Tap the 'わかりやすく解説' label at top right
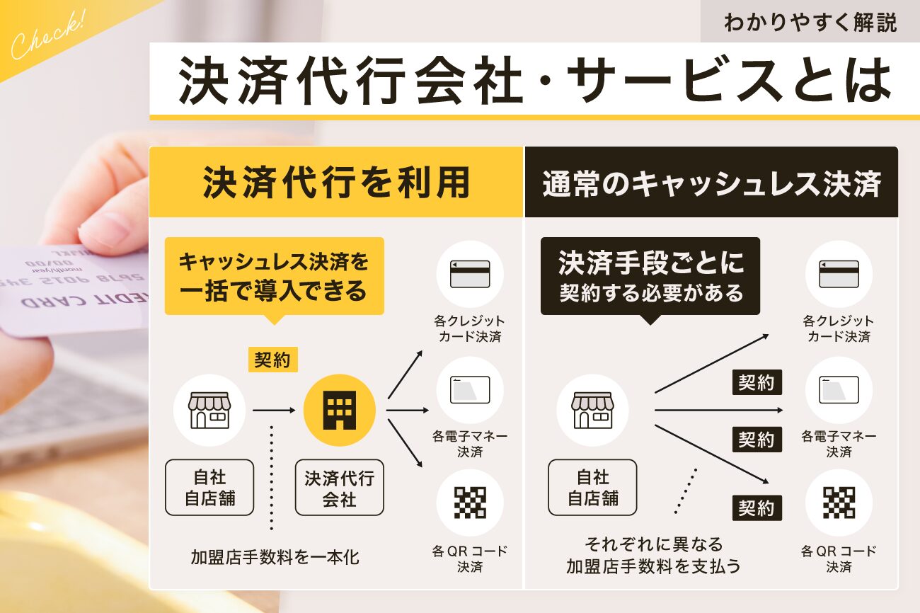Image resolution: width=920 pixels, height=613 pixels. click(x=810, y=23)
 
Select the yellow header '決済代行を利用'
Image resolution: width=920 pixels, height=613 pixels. click(x=336, y=183)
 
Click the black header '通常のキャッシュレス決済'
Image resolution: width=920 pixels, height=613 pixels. click(x=711, y=183)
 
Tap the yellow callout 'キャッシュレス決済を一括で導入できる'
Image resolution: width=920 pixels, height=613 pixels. click(x=274, y=276)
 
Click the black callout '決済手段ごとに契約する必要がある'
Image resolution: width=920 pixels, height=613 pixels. click(x=650, y=276)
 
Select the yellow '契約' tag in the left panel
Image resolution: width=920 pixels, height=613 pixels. click(x=272, y=360)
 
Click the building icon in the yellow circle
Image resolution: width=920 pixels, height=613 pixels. click(x=339, y=410)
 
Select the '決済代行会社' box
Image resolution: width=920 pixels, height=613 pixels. click(x=339, y=488)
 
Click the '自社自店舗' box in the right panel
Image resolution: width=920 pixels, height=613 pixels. click(x=592, y=488)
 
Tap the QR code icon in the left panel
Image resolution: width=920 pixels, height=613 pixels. click(x=470, y=503)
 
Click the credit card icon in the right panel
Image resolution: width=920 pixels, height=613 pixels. click(x=839, y=273)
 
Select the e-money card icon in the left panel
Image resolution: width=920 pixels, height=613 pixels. click(x=470, y=389)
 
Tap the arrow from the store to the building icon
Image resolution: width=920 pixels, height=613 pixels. click(x=274, y=410)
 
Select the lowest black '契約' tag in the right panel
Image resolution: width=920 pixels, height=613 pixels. click(x=757, y=508)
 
